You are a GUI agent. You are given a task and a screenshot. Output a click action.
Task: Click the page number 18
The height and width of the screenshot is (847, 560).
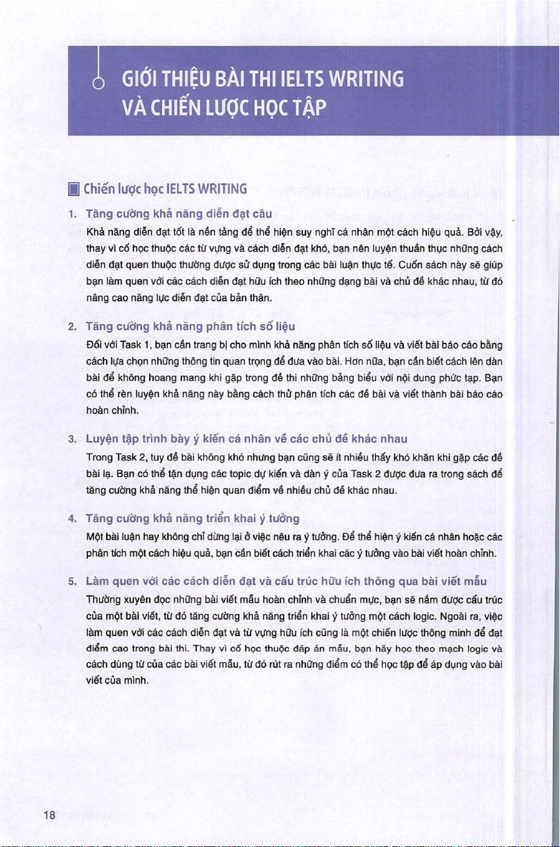[x=49, y=816]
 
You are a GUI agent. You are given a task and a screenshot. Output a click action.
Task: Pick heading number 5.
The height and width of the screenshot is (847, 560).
[x=74, y=582]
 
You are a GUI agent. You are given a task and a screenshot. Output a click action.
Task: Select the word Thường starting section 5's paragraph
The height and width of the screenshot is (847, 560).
[x=101, y=599]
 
